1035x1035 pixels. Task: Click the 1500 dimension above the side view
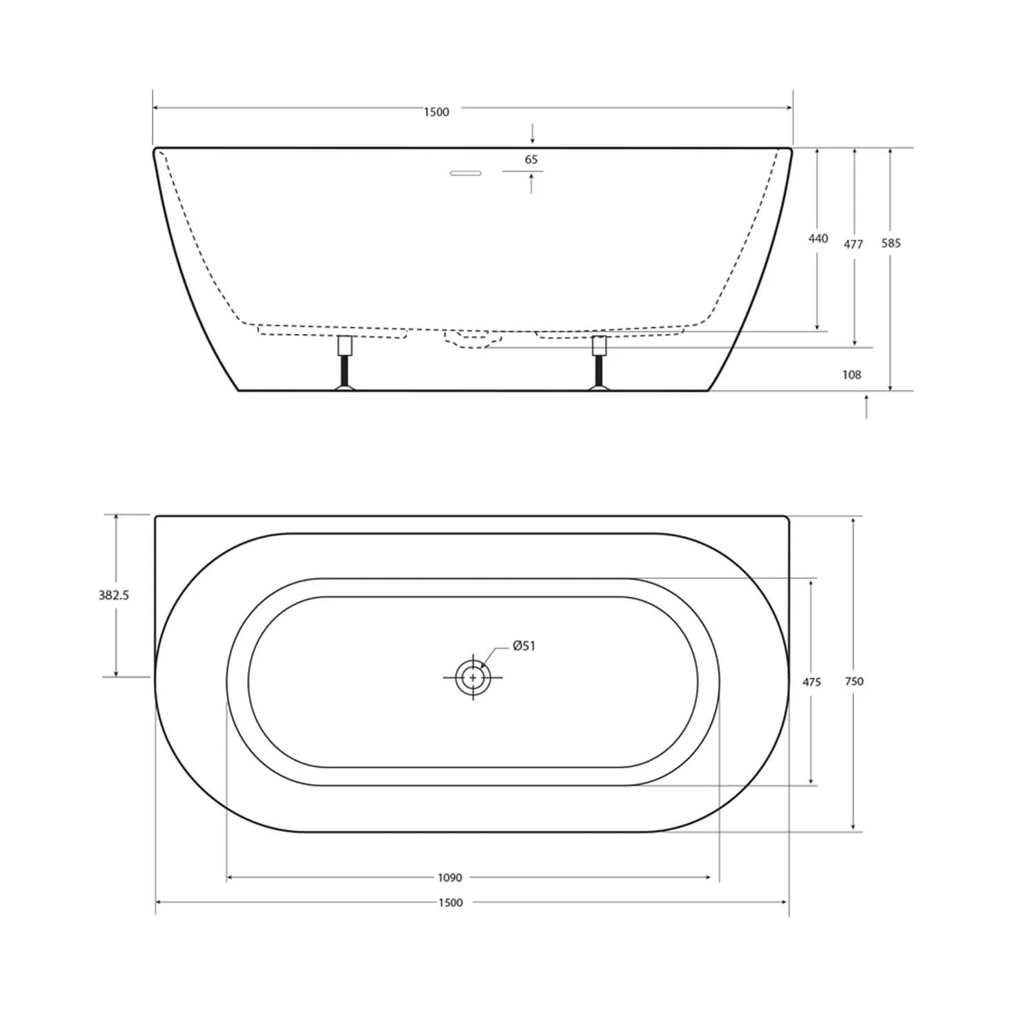[436, 112]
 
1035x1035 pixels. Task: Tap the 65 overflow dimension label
[531, 159]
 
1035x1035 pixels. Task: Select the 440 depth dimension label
[818, 238]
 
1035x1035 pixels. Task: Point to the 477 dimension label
[854, 244]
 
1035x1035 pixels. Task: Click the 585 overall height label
[891, 243]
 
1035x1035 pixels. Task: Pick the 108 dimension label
[851, 375]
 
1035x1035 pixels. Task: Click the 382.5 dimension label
[114, 595]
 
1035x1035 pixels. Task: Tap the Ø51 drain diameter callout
[524, 646]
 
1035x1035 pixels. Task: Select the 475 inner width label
[811, 682]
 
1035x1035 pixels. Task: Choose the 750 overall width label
[854, 681]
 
